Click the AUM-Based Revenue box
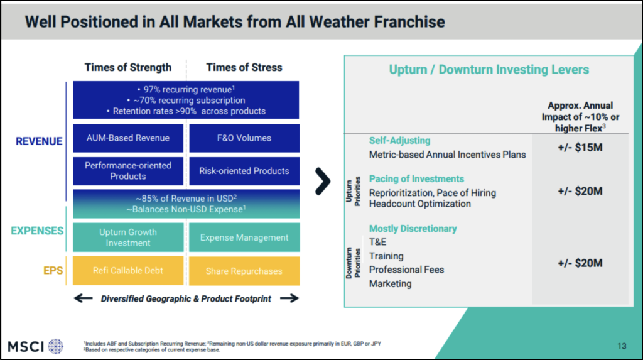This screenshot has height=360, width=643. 128,138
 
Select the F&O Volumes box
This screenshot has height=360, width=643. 244,138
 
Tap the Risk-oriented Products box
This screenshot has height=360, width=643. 244,171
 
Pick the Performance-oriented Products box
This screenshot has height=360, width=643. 128,171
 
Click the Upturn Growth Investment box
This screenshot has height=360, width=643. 128,237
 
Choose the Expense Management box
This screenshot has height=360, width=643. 244,237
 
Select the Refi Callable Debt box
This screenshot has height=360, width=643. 128,271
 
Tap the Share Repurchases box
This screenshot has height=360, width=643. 244,271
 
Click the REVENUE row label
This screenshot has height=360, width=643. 39,141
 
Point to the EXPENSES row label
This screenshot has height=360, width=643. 37,231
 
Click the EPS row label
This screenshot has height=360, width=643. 53,271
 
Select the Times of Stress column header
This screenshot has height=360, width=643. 244,67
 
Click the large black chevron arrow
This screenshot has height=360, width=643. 323,181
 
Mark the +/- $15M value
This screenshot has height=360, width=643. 580,148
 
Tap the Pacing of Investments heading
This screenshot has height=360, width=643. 416,179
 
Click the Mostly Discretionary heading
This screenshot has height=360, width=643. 413,229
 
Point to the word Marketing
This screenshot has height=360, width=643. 390,283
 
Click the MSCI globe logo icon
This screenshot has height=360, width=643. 56,346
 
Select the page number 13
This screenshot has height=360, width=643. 622,346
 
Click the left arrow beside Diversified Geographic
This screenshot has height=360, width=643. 84,298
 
